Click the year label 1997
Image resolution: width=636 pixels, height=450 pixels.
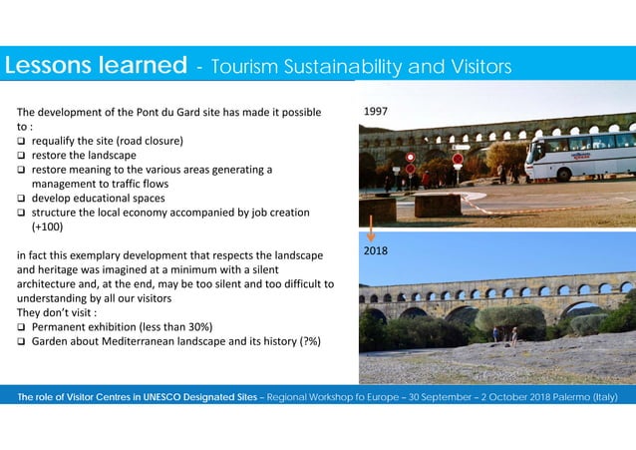pos(377,114)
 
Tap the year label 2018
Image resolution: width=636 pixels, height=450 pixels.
pos(376,251)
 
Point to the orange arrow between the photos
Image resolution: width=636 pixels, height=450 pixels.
pos(371,233)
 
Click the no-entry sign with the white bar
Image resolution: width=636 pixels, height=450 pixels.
pos(458,159)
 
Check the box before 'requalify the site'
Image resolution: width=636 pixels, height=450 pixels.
pos(21,142)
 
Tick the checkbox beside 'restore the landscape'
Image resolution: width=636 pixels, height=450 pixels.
pos(21,156)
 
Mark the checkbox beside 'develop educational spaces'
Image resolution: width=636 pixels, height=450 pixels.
pos(21,199)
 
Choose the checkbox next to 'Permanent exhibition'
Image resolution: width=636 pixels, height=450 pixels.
pos(21,327)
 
